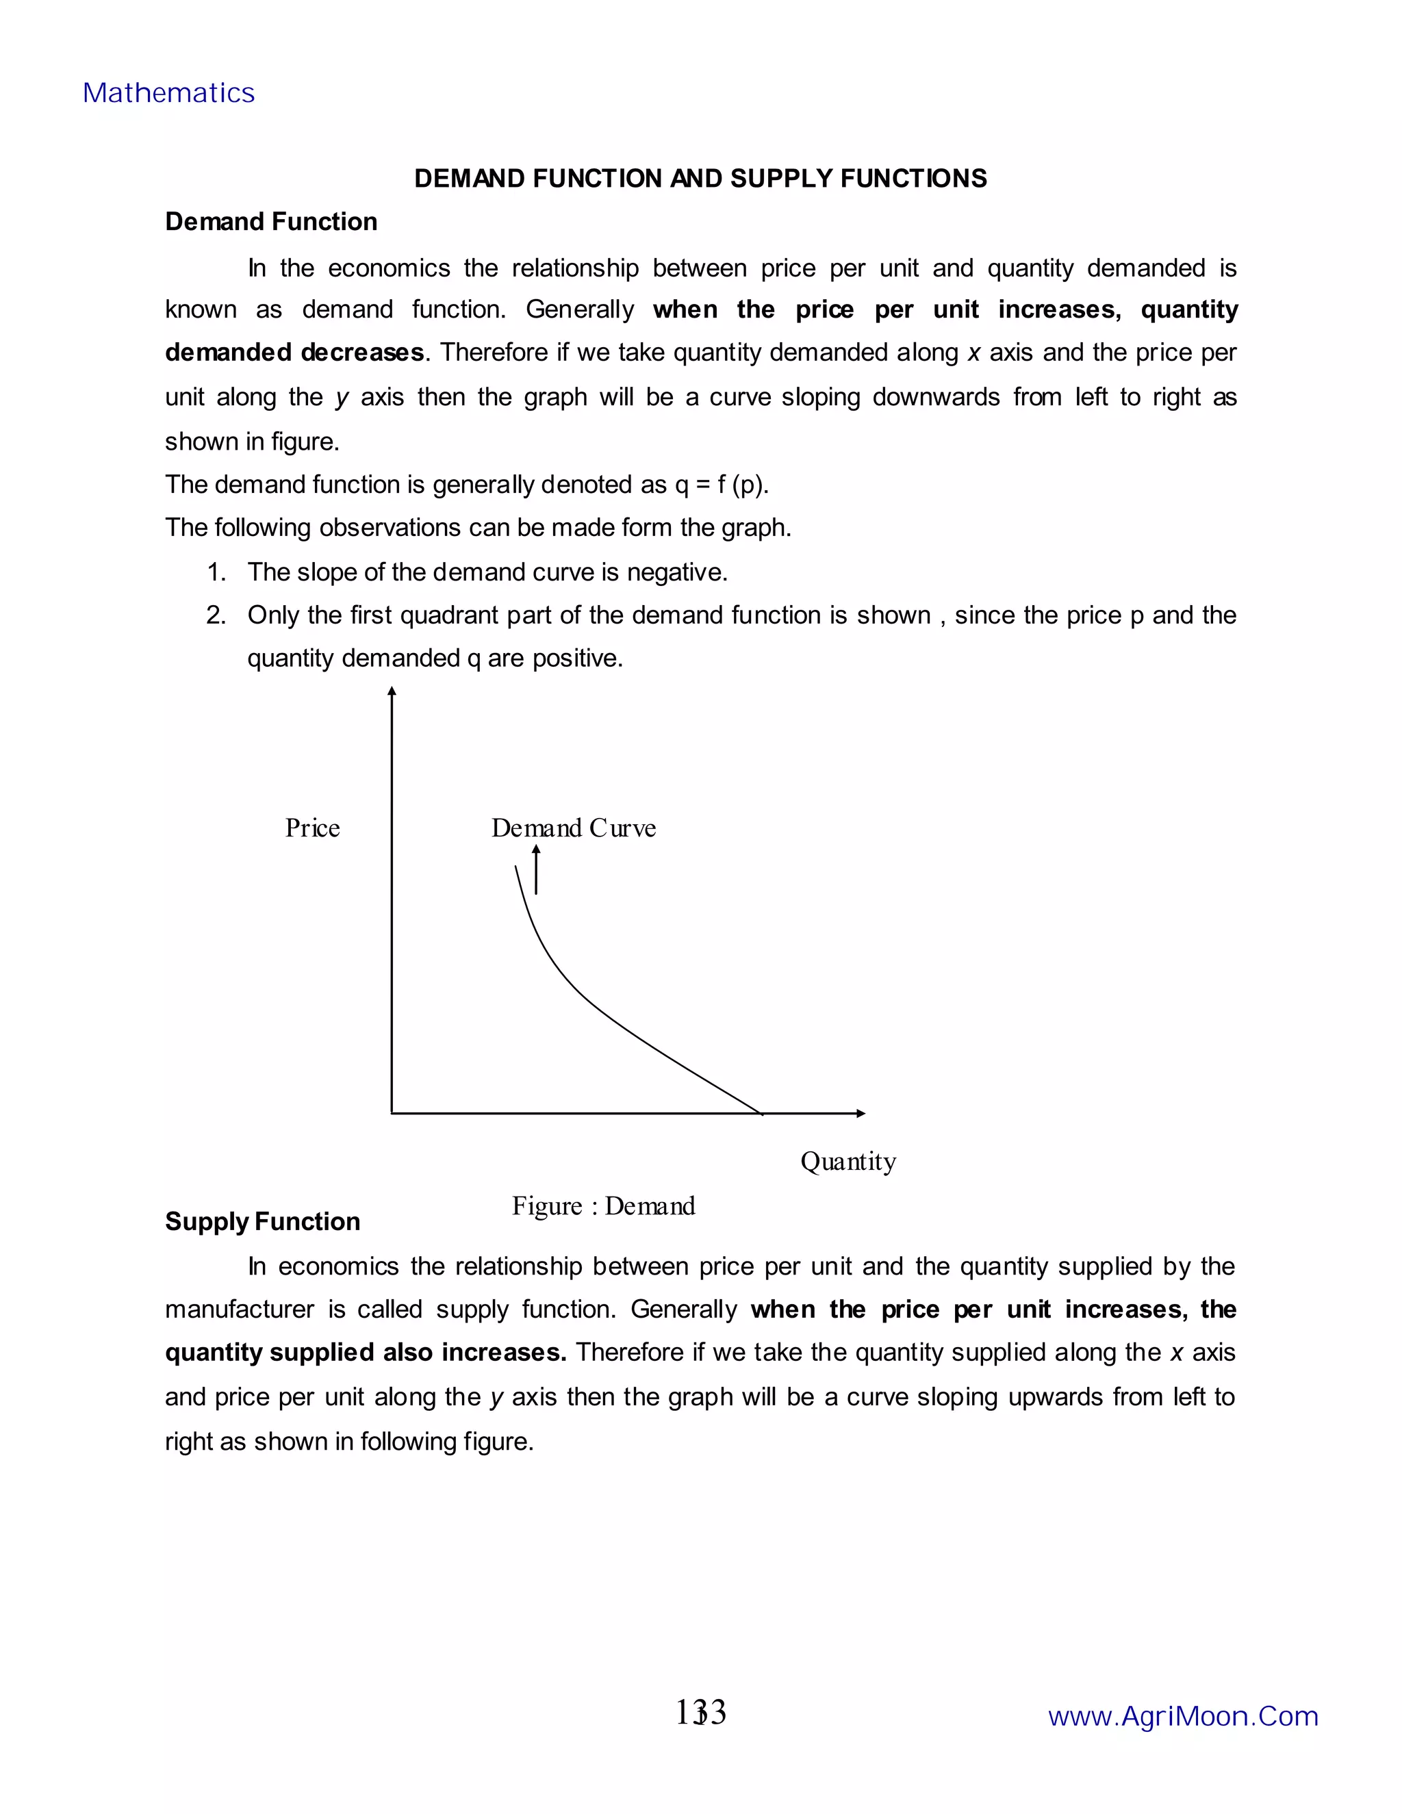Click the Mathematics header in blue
click(168, 93)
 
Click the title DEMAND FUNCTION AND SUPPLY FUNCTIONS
click(700, 179)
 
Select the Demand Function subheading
click(271, 222)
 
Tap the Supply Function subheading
click(262, 1221)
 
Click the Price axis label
click(312, 828)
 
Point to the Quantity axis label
click(848, 1161)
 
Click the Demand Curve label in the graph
click(573, 828)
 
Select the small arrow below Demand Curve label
click(536, 869)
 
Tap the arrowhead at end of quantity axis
click(861, 1113)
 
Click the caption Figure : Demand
click(603, 1206)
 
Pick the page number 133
click(700, 1712)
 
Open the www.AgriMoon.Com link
click(1183, 1716)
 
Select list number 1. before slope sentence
click(216, 572)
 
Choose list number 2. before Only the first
click(216, 615)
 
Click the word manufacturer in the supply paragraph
click(239, 1310)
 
